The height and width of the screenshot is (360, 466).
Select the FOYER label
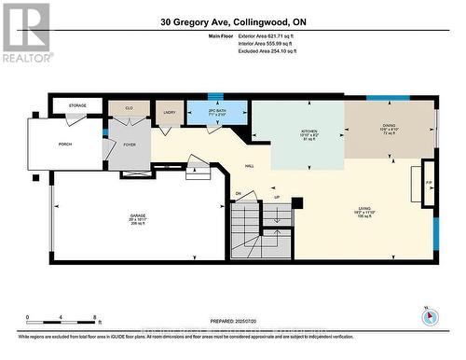[129, 145]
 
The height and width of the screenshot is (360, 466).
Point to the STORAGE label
[77, 105]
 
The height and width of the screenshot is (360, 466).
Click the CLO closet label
[130, 107]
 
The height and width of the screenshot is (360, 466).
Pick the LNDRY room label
[169, 112]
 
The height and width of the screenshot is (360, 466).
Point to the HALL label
[251, 166]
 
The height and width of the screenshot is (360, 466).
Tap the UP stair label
[276, 198]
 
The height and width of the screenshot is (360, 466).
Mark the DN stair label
[239, 194]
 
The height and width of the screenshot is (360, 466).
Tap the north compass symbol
[429, 315]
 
